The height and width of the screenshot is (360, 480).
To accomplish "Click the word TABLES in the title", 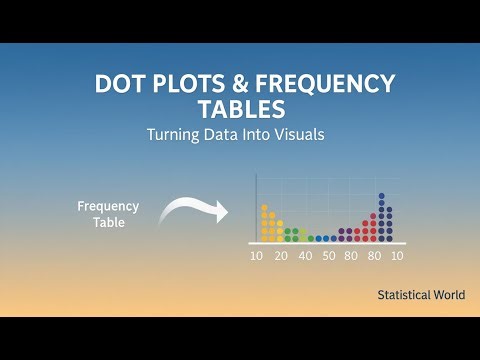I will tap(240, 109).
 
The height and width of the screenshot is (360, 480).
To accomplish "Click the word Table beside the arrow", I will tap(108, 223).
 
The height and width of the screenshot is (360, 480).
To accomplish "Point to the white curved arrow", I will tap(190, 210).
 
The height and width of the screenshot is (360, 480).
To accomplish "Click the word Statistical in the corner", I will tap(405, 295).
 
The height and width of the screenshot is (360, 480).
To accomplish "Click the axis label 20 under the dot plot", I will tap(281, 256).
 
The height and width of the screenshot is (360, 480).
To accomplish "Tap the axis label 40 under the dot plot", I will tap(305, 256).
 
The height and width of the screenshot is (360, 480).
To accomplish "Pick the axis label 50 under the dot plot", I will tap(328, 256).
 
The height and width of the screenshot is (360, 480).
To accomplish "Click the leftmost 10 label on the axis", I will tap(257, 256).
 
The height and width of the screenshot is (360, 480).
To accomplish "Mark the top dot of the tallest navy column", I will tap(381, 196).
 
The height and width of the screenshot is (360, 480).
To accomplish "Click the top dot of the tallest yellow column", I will tap(264, 207).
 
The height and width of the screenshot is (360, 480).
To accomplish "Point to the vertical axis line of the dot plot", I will tap(257, 205).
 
